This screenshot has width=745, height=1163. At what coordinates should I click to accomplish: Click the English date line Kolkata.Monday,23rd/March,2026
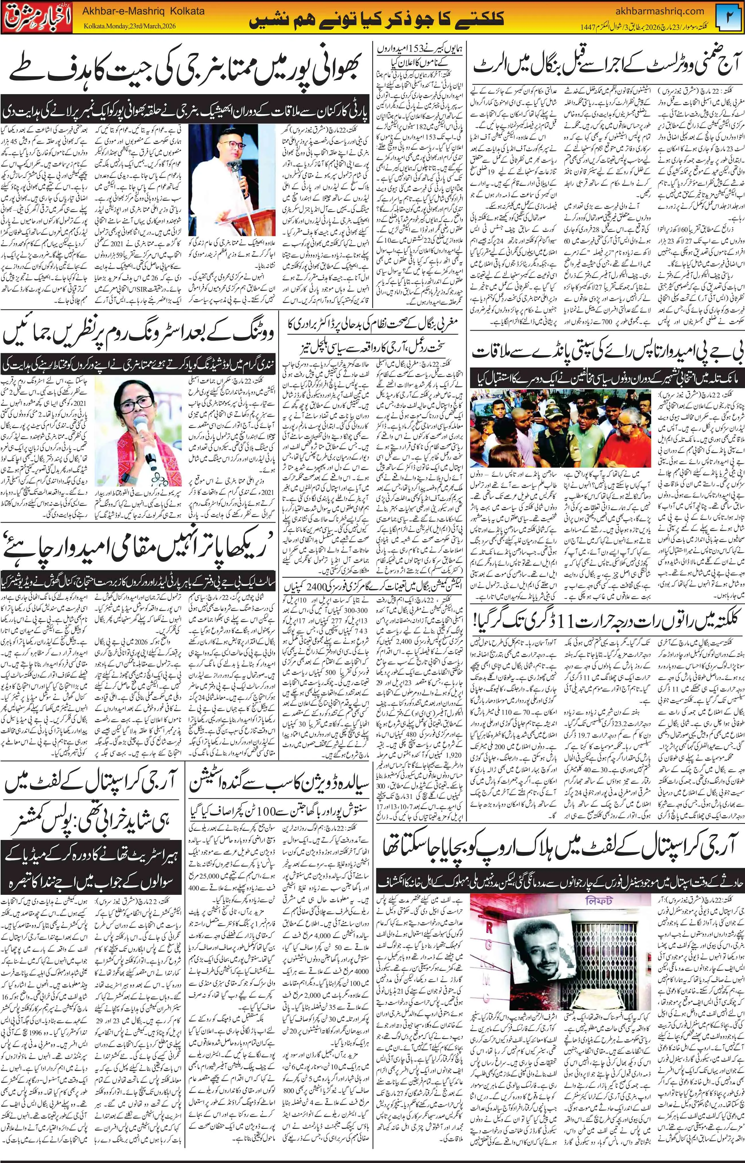(136, 26)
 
